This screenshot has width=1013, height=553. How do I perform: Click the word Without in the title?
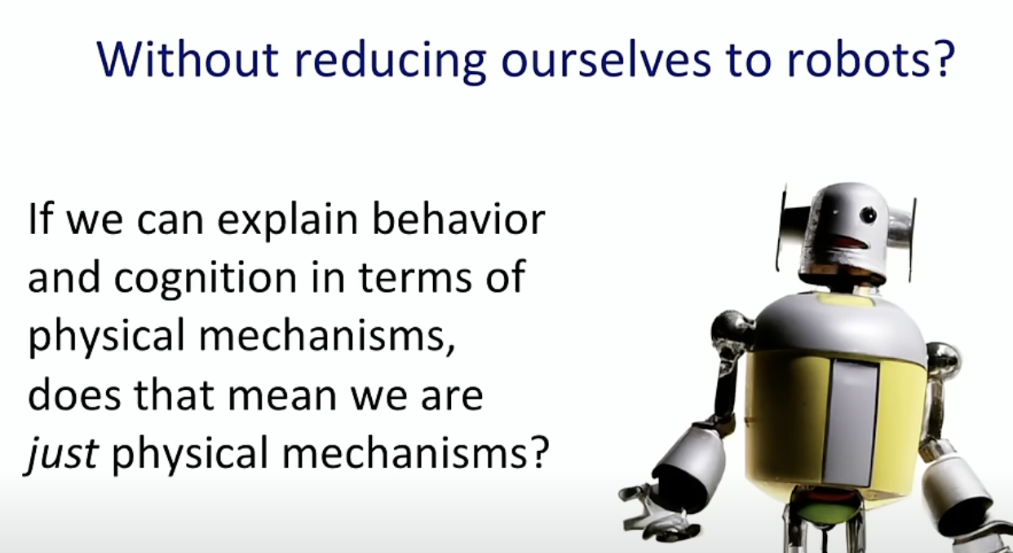click(x=188, y=60)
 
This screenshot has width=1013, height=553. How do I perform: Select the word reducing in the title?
click(x=391, y=62)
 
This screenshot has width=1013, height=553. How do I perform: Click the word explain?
click(x=288, y=221)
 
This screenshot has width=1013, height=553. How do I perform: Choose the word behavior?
click(x=458, y=219)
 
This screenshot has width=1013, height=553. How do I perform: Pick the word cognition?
click(x=206, y=279)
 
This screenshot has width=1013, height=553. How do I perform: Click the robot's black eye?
click(x=868, y=215)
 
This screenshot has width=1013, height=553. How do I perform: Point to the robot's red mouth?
click(x=850, y=243)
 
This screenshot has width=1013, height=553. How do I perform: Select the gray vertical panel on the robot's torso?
click(x=852, y=422)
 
